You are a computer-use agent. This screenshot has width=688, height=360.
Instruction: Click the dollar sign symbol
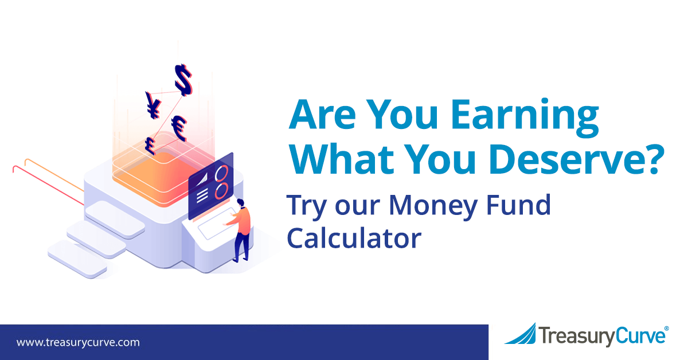(x=183, y=80)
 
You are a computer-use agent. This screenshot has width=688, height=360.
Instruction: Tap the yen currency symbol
(x=153, y=105)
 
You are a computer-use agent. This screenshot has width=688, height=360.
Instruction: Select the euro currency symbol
(x=179, y=128)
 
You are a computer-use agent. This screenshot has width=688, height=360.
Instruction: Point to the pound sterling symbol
(x=150, y=146)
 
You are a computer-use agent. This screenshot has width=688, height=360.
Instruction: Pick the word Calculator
(x=354, y=237)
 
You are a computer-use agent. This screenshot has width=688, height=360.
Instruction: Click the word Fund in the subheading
(x=518, y=204)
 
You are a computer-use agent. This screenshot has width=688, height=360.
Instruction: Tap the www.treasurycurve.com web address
(x=78, y=342)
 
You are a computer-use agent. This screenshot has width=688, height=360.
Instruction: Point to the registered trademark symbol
(x=666, y=328)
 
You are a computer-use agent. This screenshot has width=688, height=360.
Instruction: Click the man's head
(x=240, y=203)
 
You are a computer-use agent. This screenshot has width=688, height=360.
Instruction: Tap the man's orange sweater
(x=243, y=221)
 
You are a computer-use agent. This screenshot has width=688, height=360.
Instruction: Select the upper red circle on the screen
(x=221, y=173)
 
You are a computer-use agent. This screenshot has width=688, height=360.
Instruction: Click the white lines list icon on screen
(x=202, y=195)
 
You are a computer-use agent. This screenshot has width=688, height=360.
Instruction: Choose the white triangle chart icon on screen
(x=202, y=179)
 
